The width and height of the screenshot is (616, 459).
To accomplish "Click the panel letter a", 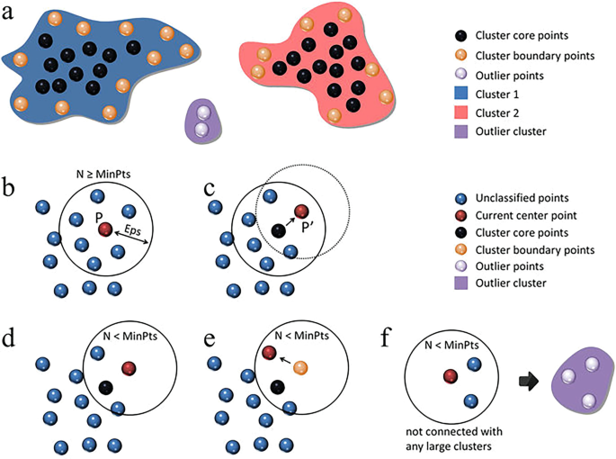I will tap(9, 12).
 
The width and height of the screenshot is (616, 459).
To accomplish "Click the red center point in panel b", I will tap(105, 230).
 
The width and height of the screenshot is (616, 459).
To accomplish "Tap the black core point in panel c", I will tap(278, 231).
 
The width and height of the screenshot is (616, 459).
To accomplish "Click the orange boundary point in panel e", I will tap(301, 367).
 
